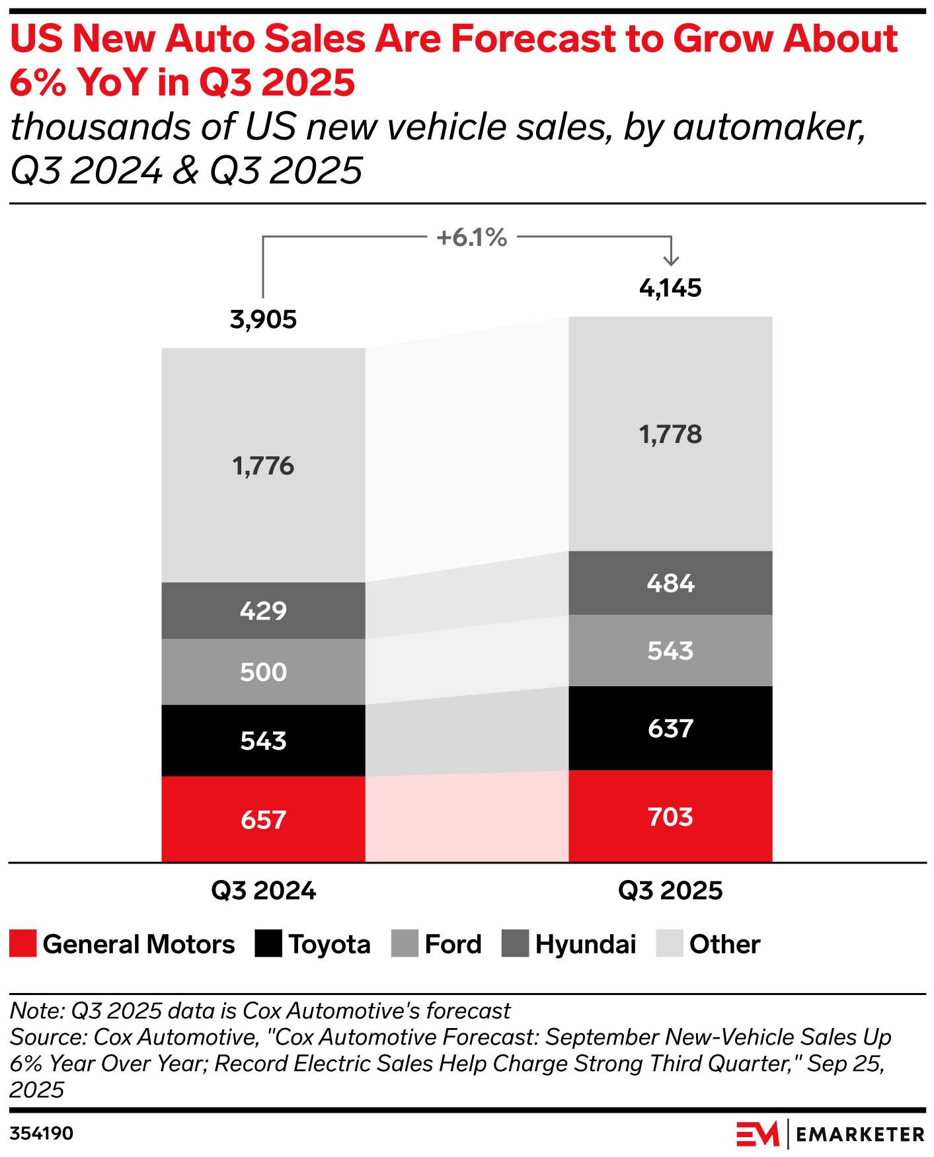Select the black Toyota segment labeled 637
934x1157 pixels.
pos(670,728)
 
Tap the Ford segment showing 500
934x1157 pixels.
pos(263,672)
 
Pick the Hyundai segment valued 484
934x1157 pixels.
pos(670,582)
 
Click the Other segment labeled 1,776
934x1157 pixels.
pos(263,465)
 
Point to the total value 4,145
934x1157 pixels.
pos(670,288)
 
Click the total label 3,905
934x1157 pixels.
pos(263,320)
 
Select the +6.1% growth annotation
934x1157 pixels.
pos(471,237)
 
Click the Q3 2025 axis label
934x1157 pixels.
pos(670,891)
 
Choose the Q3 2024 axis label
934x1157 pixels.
pos(263,891)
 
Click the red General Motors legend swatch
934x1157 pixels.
pos(22,943)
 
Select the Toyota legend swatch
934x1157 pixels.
pos(268,943)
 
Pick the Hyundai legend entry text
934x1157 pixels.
pos(586,944)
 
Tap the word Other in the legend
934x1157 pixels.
pos(724,944)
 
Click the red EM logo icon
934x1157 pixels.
pos(758,1135)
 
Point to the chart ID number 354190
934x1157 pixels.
pos(42,1133)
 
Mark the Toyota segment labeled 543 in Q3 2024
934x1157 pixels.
pos(263,740)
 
